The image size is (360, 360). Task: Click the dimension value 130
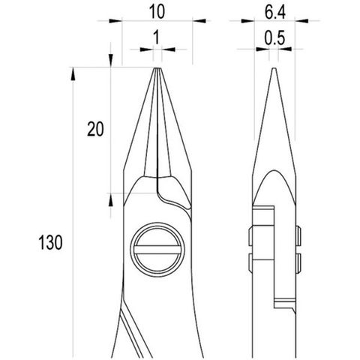pyautogui.click(x=50, y=242)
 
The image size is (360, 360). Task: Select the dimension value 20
pyautogui.click(x=95, y=129)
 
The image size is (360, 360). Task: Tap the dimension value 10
pyautogui.click(x=157, y=11)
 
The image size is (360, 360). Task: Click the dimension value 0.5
pyautogui.click(x=274, y=38)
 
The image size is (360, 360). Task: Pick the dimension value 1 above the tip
pyautogui.click(x=157, y=37)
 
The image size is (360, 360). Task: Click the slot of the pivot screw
pyautogui.click(x=157, y=250)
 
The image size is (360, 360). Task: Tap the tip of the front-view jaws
pyautogui.click(x=157, y=68)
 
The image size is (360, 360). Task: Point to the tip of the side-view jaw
pyautogui.click(x=274, y=68)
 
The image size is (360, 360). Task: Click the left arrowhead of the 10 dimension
pyautogui.click(x=115, y=21)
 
